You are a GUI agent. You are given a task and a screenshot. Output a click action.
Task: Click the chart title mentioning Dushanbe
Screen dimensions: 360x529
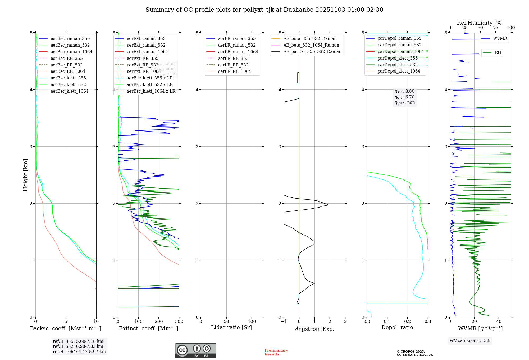tap(264, 10)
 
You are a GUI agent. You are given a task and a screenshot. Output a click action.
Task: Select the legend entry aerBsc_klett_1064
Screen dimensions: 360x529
tap(69, 91)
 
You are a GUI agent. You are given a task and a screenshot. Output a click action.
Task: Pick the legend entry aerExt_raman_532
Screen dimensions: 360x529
tap(146, 45)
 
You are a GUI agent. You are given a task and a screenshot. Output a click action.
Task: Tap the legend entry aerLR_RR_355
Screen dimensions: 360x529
tap(233, 58)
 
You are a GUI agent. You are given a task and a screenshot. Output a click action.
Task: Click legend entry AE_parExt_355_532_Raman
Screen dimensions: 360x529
tap(312, 51)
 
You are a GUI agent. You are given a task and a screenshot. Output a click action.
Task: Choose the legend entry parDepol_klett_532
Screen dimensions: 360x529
tap(397, 65)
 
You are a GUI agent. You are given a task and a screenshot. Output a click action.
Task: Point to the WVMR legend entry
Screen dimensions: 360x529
tap(500, 38)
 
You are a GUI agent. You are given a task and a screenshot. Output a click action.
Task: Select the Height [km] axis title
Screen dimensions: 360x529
tap(25, 175)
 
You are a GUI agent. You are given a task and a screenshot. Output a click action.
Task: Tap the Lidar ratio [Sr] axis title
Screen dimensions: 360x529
tap(231, 327)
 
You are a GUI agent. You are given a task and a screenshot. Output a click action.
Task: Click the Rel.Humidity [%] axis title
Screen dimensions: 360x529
tap(480, 23)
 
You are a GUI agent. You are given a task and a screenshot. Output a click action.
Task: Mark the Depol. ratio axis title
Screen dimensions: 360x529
tap(397, 327)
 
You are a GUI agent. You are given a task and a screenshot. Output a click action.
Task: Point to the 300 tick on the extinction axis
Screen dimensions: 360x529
tap(179, 321)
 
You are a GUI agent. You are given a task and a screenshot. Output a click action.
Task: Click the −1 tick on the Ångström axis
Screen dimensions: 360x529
tap(284, 321)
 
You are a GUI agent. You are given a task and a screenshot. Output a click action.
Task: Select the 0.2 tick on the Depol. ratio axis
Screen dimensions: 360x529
tap(408, 321)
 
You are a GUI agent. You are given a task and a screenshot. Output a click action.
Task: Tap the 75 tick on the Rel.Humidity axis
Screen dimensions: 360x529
tap(495, 28)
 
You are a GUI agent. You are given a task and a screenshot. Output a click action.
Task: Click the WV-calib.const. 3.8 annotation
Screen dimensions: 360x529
tap(470, 341)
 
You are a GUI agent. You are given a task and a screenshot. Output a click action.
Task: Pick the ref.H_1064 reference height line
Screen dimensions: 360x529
tap(79, 352)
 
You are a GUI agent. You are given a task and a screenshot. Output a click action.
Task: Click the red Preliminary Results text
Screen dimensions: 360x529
tap(276, 352)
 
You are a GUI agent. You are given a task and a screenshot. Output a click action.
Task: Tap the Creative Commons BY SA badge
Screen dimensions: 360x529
tap(195, 350)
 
